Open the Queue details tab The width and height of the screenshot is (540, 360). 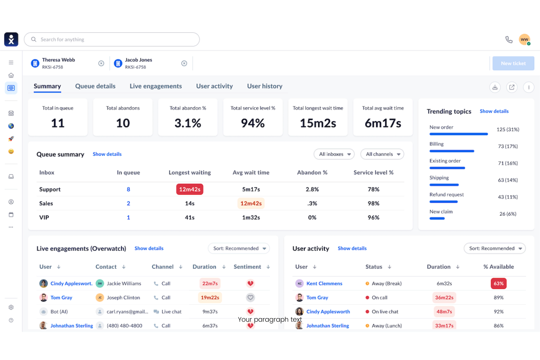pyautogui.click(x=95, y=86)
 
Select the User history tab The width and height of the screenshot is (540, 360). pyautogui.click(x=265, y=86)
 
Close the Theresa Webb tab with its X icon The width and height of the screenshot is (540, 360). pyautogui.click(x=101, y=63)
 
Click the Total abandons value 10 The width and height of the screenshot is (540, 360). pyautogui.click(x=123, y=123)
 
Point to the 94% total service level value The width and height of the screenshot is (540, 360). pyautogui.click(x=252, y=123)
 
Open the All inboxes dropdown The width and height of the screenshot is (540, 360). pyautogui.click(x=334, y=154)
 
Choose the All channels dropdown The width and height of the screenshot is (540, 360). pyautogui.click(x=382, y=154)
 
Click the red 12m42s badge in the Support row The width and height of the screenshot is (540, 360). pyautogui.click(x=190, y=189)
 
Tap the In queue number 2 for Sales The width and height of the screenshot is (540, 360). pyautogui.click(x=128, y=204)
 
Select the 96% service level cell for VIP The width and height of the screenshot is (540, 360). pyautogui.click(x=373, y=217)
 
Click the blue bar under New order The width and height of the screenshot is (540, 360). pyautogui.click(x=458, y=134)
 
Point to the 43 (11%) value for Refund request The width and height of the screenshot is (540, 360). pyautogui.click(x=508, y=197)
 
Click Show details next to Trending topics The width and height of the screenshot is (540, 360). pyautogui.click(x=494, y=111)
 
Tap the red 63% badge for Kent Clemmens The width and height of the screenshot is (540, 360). pyautogui.click(x=498, y=283)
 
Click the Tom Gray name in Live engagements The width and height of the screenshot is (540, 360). pyautogui.click(x=61, y=298)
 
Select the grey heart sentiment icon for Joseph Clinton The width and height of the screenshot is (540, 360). pyautogui.click(x=250, y=298)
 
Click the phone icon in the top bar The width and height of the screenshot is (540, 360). pyautogui.click(x=509, y=39)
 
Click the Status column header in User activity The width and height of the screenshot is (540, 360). pyautogui.click(x=374, y=267)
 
